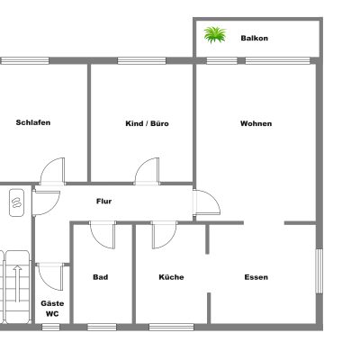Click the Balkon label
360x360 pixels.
coord(254,39)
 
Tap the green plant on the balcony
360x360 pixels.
coord(215,34)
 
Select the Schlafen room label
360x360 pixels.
coord(33,122)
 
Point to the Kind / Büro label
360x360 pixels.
coord(147,123)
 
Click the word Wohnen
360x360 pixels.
coord(256,123)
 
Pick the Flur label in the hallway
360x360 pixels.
coord(103,202)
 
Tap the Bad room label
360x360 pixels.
coord(101,277)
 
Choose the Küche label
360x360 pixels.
coord(171,277)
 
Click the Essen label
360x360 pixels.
coord(256,277)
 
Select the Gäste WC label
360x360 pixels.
coord(52,309)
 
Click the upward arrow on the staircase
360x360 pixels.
coord(18,283)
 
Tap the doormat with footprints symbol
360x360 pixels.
coord(16,202)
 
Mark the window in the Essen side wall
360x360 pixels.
coord(319,271)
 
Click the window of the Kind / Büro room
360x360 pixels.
coord(141,61)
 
